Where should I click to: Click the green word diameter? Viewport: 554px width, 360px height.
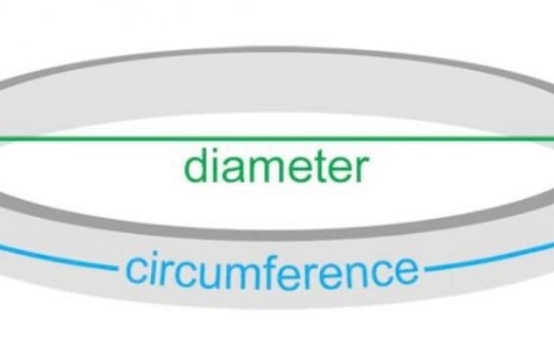pos(276,168)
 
